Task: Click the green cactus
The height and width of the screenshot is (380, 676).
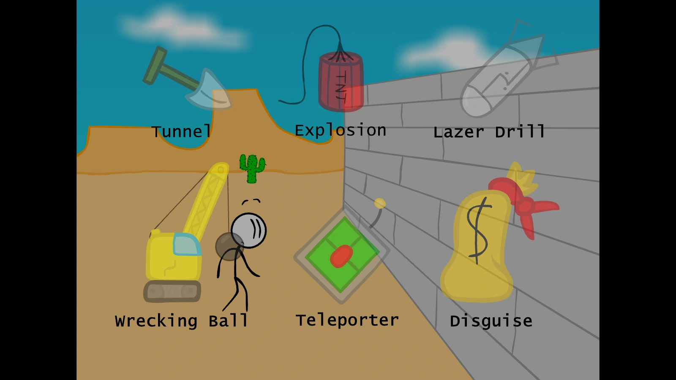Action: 252,168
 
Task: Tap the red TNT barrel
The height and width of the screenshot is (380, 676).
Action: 341,82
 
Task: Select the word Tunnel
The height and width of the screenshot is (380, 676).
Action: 181,132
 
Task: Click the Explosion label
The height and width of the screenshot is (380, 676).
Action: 341,130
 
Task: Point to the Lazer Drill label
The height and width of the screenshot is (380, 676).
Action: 489,132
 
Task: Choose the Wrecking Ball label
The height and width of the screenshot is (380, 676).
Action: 181,321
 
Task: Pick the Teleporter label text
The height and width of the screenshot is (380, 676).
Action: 347,320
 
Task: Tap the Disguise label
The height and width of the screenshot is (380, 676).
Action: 491,321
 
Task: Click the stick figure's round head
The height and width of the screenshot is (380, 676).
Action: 249,231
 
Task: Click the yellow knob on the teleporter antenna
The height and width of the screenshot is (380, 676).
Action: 380,204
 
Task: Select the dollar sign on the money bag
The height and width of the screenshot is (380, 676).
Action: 477,230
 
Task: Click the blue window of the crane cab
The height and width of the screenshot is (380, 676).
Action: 186,244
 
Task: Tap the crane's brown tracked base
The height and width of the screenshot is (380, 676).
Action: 172,291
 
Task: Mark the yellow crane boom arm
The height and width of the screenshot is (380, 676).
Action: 207,198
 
